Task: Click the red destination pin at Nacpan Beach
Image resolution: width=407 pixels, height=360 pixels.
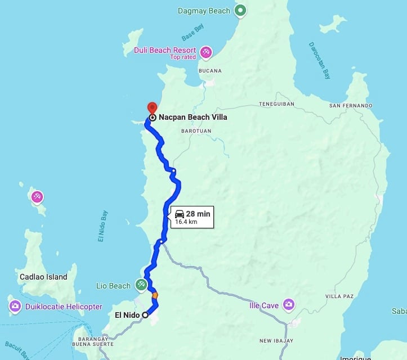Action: (x=151, y=107)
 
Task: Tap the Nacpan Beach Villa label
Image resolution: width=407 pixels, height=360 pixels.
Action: (x=193, y=118)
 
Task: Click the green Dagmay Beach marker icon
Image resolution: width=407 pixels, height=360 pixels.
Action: (x=240, y=10)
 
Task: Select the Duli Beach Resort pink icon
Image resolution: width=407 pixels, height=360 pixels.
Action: (x=205, y=52)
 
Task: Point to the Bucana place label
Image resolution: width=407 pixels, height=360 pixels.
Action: (x=211, y=71)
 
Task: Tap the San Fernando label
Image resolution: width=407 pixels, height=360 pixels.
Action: (x=351, y=106)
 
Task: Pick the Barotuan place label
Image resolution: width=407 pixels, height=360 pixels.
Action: (x=195, y=130)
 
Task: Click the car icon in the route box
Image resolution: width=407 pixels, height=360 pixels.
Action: (x=180, y=214)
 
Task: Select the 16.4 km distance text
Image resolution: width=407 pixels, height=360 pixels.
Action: (x=186, y=222)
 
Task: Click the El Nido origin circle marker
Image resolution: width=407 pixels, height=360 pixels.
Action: (x=145, y=315)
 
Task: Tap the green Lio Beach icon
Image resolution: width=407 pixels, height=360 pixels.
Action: (x=141, y=285)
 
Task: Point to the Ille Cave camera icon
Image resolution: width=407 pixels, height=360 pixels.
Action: (x=288, y=305)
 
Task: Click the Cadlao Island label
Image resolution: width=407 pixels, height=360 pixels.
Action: (x=43, y=277)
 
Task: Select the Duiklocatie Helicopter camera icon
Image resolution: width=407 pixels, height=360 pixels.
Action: (x=15, y=307)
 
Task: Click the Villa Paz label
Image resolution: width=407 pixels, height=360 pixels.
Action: (x=339, y=296)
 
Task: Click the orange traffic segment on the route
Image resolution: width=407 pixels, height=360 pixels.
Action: (x=154, y=294)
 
